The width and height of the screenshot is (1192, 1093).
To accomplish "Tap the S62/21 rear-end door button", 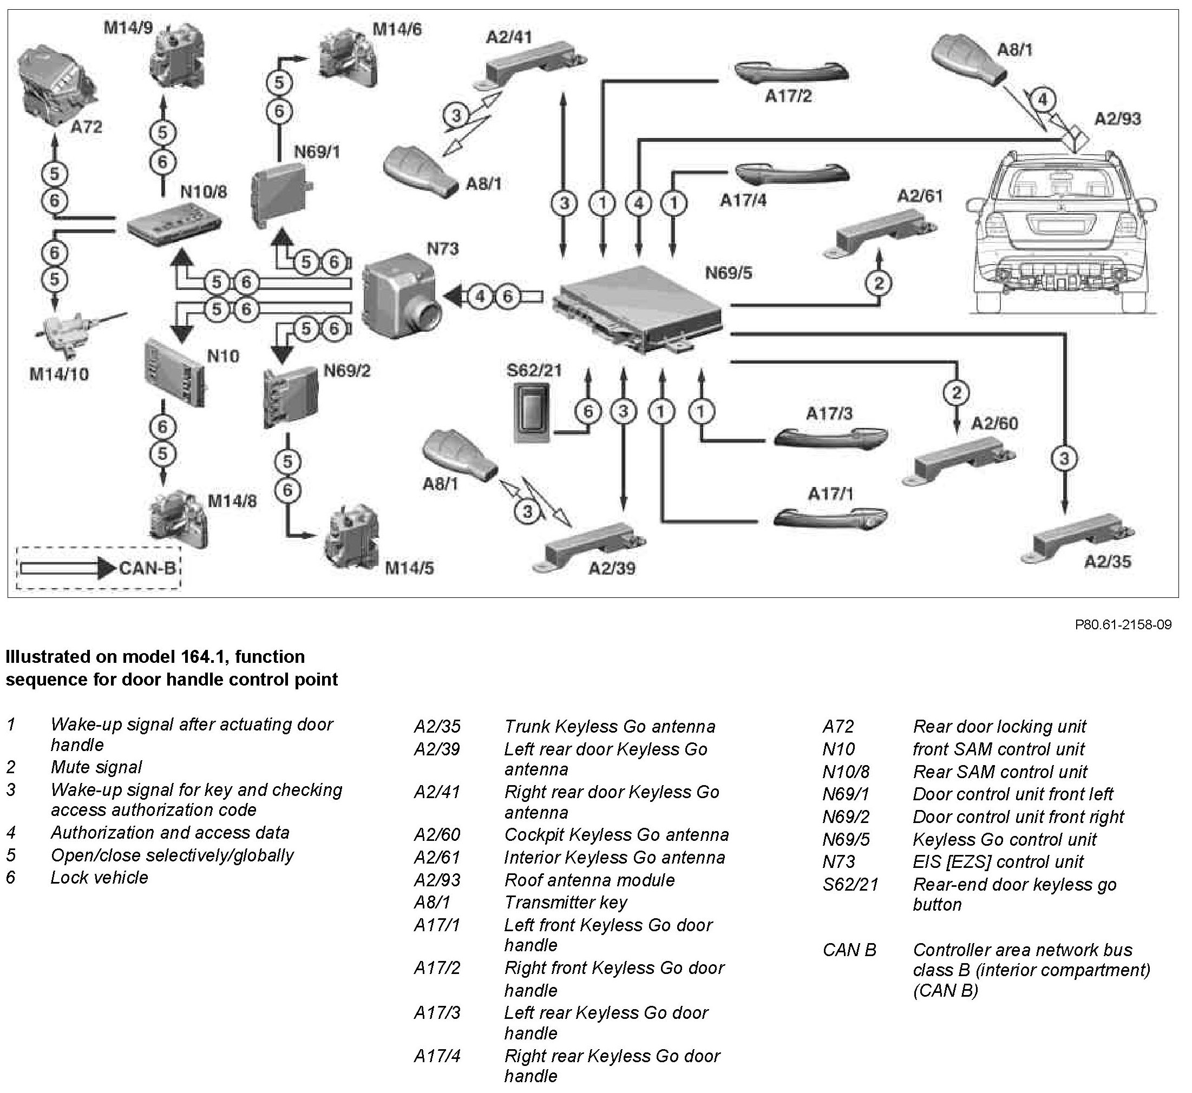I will point(531,412).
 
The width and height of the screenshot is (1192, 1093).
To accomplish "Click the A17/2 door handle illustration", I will point(791,72).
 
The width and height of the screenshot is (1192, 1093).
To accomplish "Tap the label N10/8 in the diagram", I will point(203,192).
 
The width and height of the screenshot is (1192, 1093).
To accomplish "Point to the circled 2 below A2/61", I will point(879,284).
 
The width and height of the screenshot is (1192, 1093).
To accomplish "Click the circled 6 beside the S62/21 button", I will point(588,412).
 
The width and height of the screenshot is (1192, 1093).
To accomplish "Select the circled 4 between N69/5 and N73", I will point(480,297).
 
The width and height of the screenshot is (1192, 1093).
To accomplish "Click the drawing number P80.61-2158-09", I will point(1123,624).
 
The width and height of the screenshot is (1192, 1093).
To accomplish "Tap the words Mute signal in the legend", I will point(96,767).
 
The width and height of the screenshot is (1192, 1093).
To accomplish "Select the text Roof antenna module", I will point(589,880).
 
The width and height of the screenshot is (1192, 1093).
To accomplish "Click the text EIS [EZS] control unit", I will point(998,862).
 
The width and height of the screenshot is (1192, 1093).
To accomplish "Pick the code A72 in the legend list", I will point(839,726).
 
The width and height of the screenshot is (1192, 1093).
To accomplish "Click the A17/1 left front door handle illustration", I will point(830,516).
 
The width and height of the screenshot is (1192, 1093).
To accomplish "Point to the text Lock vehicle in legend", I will point(100,877).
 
